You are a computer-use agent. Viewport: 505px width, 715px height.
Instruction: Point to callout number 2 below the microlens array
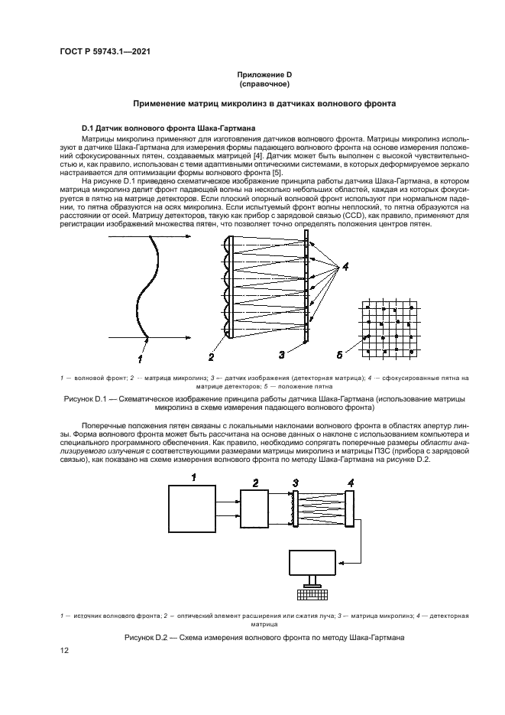coord(210,356)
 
